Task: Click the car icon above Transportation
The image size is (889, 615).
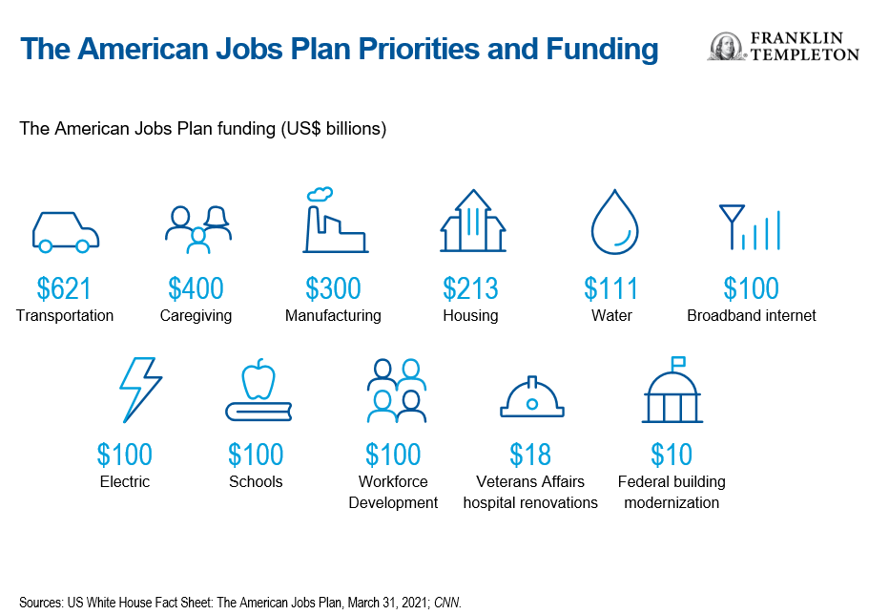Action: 65,232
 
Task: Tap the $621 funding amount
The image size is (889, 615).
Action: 64,288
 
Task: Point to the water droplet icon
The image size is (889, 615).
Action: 614,223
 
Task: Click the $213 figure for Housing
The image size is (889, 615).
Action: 470,288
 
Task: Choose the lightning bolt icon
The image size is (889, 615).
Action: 140,390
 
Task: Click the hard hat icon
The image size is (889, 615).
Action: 532,396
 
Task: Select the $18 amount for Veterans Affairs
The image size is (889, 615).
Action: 530,455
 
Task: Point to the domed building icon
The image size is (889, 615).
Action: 672,390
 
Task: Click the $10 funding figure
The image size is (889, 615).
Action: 672,455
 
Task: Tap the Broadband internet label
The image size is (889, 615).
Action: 752,316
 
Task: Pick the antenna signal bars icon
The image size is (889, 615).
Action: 750,227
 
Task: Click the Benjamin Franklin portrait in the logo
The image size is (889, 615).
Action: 726,46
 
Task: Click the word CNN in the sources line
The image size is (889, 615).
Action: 447,603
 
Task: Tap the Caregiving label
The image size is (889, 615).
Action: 196,316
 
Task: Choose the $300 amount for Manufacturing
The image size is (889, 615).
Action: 334,288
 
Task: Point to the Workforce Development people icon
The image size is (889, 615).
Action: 396,391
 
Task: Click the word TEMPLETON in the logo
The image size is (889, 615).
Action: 805,54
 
